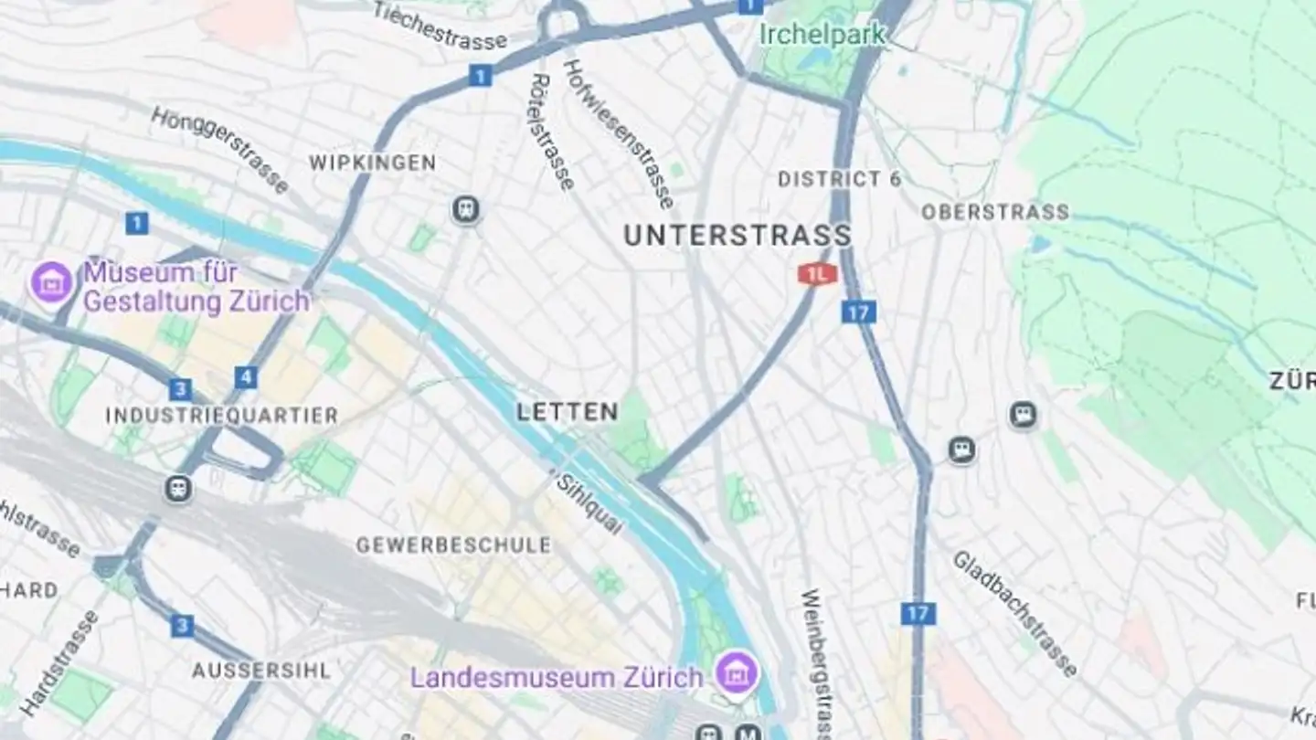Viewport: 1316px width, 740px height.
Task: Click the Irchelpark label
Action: tap(822, 35)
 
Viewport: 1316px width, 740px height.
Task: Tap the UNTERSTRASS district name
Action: tap(737, 235)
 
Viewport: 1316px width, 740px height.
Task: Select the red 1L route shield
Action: tap(817, 273)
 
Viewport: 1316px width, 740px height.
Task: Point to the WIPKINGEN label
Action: tap(372, 164)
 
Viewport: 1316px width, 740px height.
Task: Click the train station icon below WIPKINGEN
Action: tap(466, 210)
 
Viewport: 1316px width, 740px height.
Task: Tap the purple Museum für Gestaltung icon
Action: tap(51, 281)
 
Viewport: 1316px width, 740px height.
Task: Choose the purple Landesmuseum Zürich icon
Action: tap(737, 674)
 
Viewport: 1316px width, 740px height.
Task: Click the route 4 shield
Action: tap(245, 376)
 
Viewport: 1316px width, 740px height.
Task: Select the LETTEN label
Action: tap(567, 412)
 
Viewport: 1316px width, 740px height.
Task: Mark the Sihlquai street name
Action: tap(590, 503)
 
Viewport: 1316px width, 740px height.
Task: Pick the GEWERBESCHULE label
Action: tap(453, 545)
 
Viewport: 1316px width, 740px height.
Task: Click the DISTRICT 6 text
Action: tap(839, 179)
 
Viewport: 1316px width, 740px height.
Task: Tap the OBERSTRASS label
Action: tap(994, 212)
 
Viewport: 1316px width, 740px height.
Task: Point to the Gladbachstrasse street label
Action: tap(1014, 613)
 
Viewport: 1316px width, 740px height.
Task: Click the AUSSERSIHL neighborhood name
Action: tap(261, 671)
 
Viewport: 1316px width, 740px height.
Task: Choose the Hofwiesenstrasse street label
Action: tap(619, 133)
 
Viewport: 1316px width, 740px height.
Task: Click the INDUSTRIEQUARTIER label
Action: tap(221, 416)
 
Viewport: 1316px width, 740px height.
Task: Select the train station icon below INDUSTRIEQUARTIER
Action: tap(178, 489)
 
